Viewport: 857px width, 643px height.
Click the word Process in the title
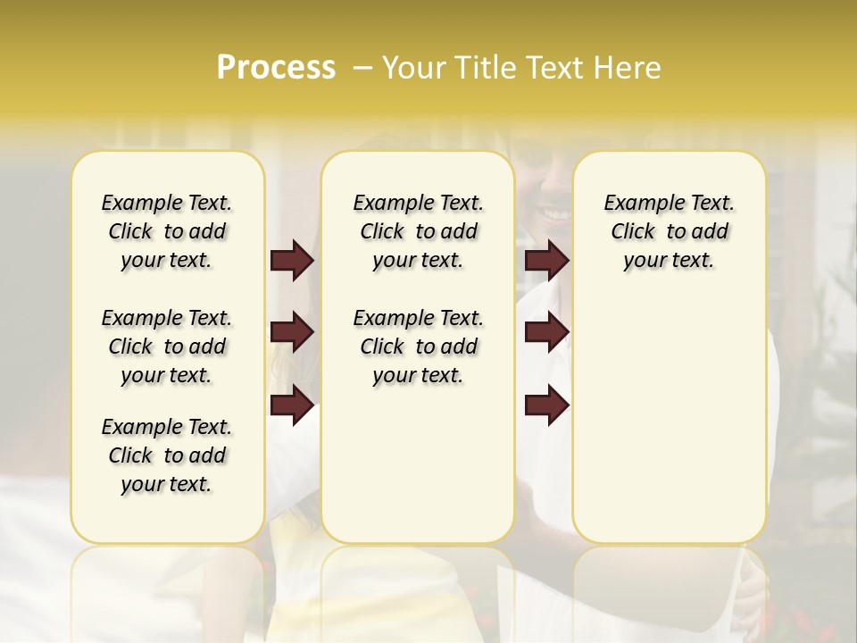[x=276, y=68]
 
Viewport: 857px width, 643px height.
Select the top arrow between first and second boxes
[x=292, y=261]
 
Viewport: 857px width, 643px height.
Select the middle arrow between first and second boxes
[x=292, y=333]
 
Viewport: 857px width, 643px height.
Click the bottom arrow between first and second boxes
[x=292, y=405]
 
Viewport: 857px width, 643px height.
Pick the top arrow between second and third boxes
[x=546, y=261]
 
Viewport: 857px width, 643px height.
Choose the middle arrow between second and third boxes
[x=546, y=333]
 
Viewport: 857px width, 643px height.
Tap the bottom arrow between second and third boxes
[x=546, y=405]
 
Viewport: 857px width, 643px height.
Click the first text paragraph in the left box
[x=167, y=231]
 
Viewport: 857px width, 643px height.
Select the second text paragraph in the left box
[x=167, y=347]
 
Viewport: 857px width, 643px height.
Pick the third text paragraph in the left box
[x=167, y=455]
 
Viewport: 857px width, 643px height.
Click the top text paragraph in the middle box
[x=418, y=231]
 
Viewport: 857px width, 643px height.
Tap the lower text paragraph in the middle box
[x=418, y=347]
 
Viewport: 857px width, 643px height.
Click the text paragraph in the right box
[x=669, y=231]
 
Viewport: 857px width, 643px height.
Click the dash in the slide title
[x=362, y=69]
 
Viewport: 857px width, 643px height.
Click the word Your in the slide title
[x=414, y=68]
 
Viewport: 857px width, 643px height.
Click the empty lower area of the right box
[x=669, y=420]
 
